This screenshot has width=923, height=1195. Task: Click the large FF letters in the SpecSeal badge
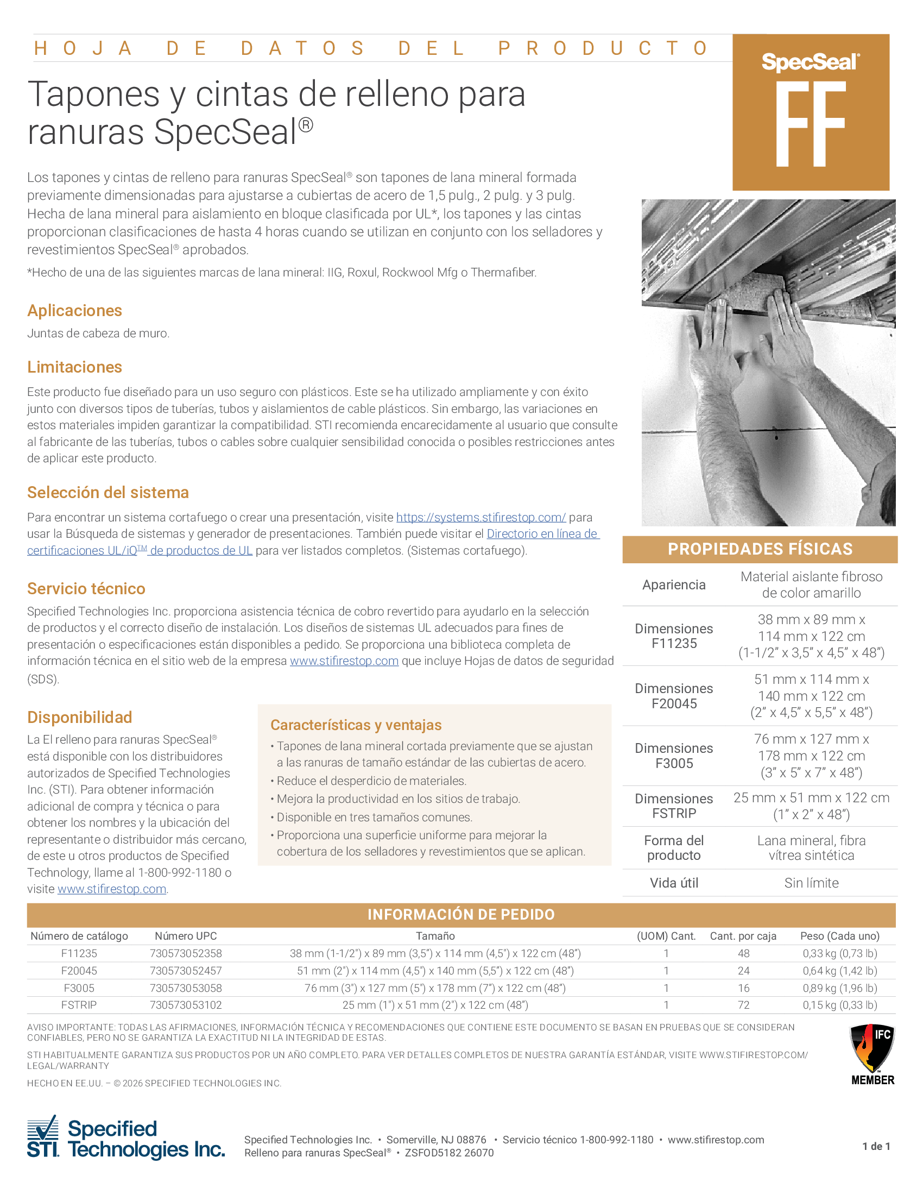tap(811, 124)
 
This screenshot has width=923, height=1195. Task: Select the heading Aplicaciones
tap(74, 310)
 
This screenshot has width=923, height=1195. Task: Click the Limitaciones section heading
tap(74, 367)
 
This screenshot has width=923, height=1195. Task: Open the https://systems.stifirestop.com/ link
tap(481, 517)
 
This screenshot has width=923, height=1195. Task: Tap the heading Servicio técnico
tap(86, 588)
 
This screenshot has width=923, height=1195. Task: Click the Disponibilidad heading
tap(80, 717)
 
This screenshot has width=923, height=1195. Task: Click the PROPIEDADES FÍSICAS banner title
tap(760, 549)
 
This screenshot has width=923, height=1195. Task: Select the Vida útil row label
tap(674, 883)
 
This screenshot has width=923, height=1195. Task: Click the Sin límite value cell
tap(811, 883)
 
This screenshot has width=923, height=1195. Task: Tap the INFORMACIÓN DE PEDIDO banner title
tap(461, 914)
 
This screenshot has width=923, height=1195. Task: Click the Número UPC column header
tap(185, 936)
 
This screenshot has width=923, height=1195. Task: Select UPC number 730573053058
tap(185, 988)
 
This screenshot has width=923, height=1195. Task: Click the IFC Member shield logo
tap(872, 1054)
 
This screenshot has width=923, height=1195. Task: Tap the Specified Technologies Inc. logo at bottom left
tap(126, 1139)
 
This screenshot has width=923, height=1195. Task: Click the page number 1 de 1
tap(876, 1146)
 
